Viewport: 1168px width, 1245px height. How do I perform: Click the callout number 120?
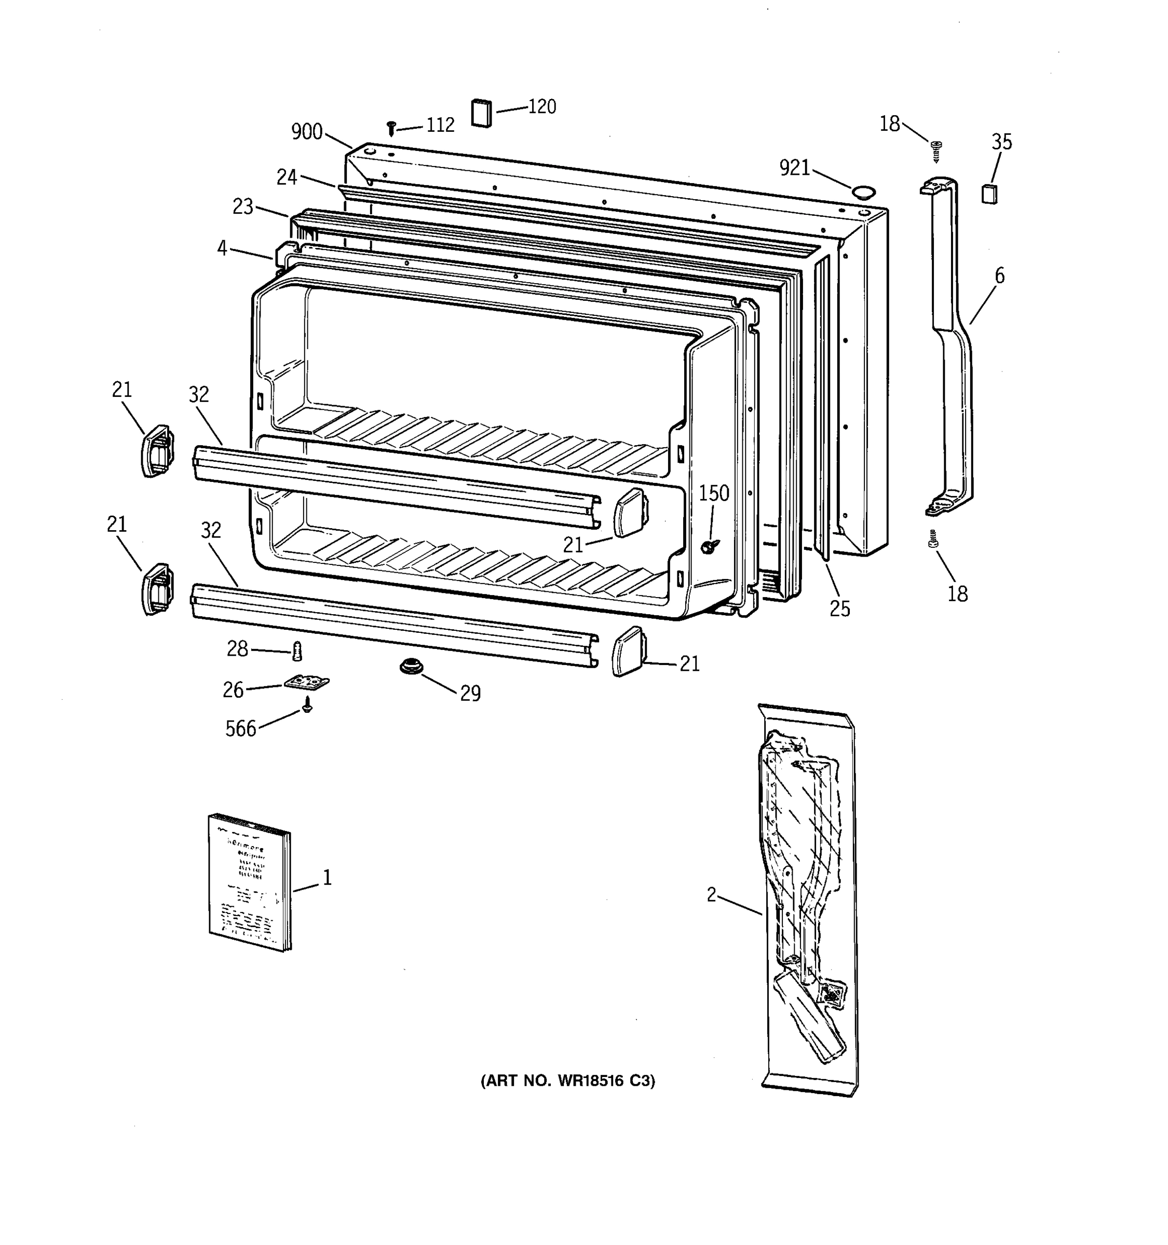pyautogui.click(x=542, y=106)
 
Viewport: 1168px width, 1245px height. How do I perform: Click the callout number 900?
pyautogui.click(x=307, y=132)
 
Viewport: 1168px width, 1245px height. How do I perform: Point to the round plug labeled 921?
pyautogui.click(x=863, y=191)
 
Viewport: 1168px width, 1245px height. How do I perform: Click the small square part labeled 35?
pyautogui.click(x=989, y=194)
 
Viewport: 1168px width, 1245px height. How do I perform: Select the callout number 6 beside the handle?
pyautogui.click(x=999, y=275)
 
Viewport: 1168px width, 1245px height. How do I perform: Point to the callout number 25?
pyautogui.click(x=839, y=608)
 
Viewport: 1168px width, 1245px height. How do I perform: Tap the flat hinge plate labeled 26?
pyautogui.click(x=307, y=682)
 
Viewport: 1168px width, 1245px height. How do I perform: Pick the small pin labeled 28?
pyautogui.click(x=297, y=653)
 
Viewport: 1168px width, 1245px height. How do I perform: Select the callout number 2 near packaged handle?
pyautogui.click(x=711, y=895)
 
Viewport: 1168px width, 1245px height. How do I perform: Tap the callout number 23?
pyautogui.click(x=243, y=206)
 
